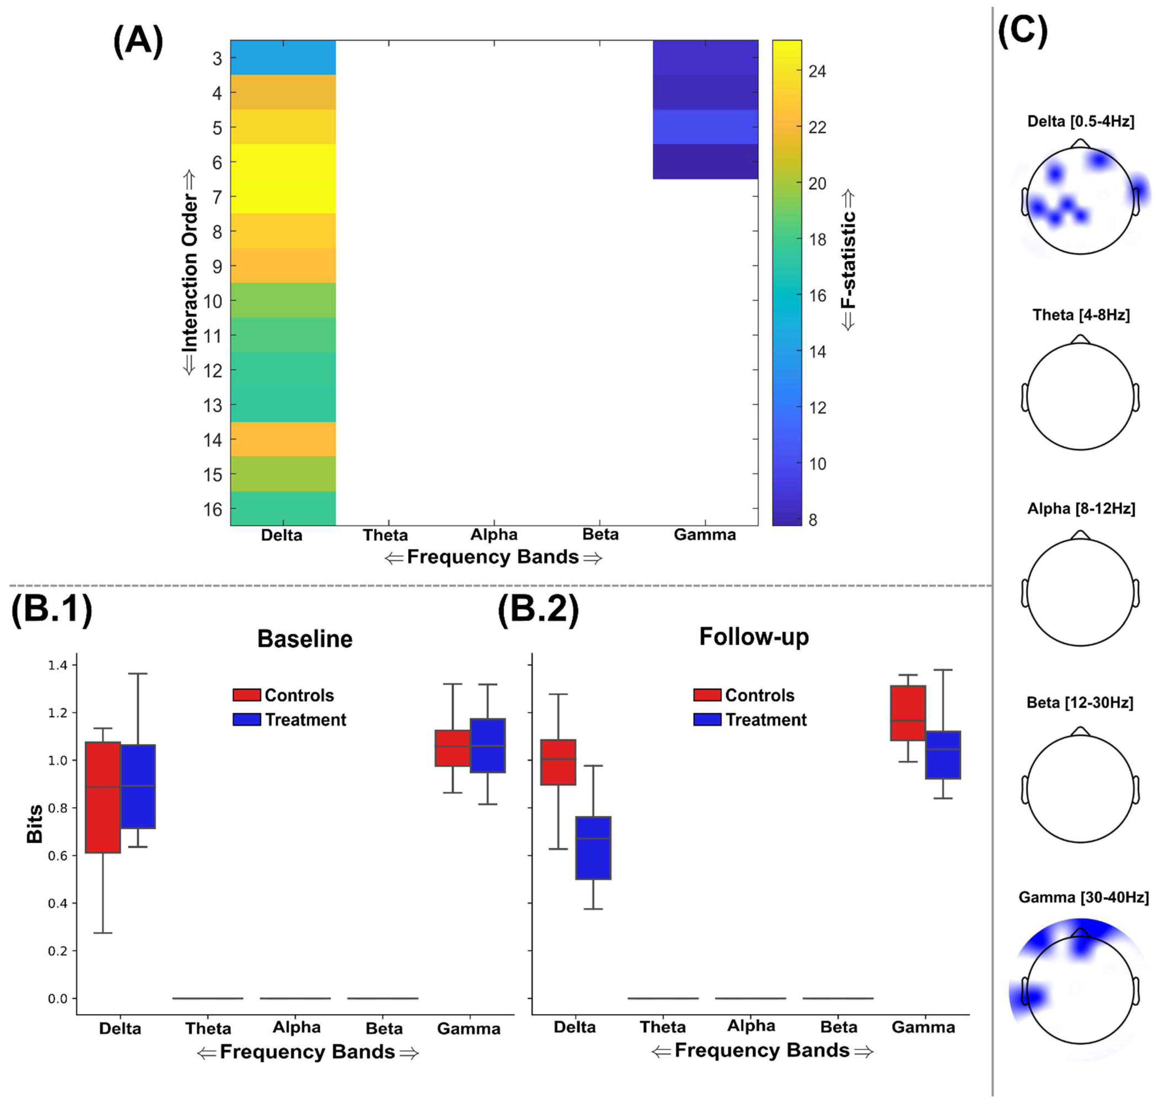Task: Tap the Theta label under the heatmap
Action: coord(385,535)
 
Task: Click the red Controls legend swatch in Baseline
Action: coord(247,695)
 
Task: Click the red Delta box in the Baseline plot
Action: coord(103,797)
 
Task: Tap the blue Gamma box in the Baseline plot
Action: coord(488,745)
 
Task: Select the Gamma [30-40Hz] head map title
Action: coord(1083,897)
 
